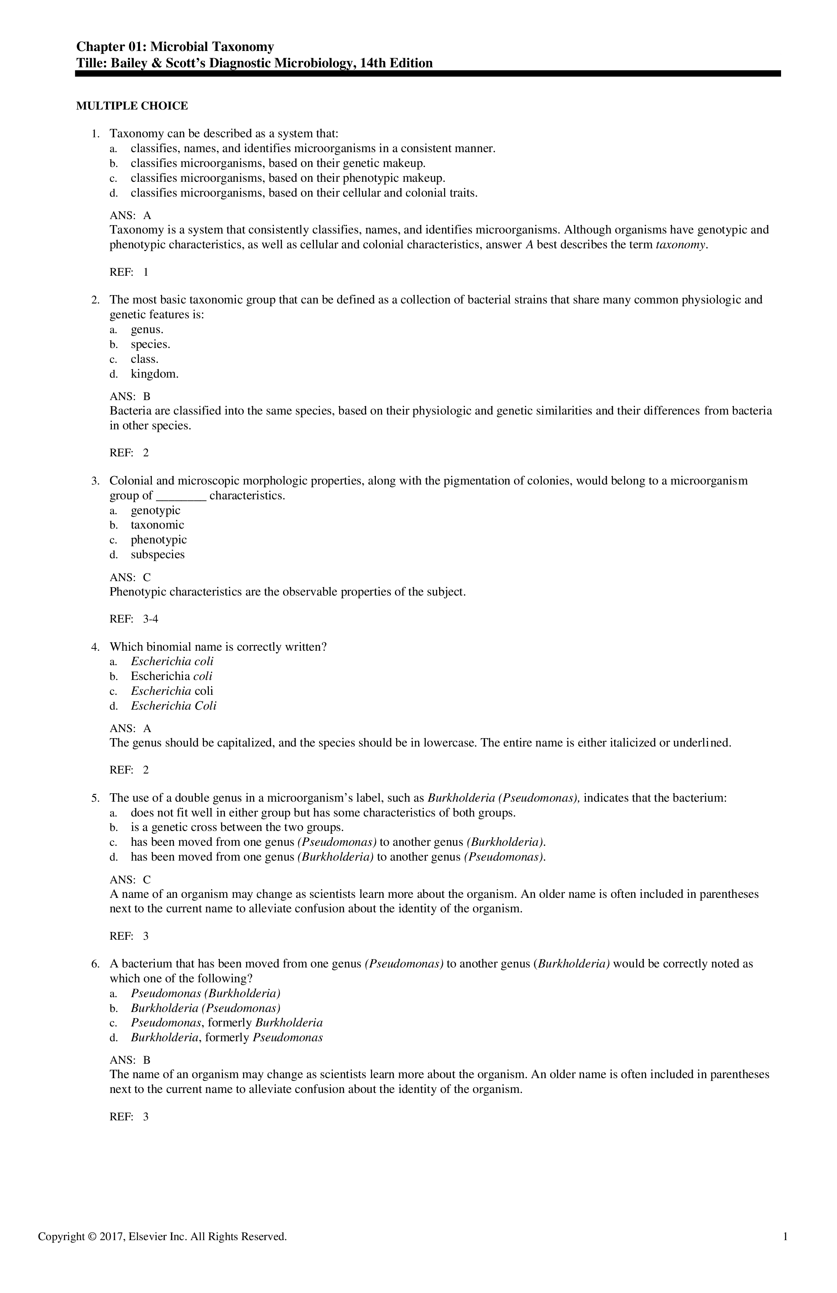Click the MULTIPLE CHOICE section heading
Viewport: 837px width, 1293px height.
point(132,106)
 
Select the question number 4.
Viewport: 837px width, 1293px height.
point(95,647)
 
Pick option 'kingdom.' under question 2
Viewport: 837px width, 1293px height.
point(154,374)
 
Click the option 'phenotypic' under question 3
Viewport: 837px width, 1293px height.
point(159,540)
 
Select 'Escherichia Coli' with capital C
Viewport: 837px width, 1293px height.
point(173,706)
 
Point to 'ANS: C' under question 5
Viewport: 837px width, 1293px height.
point(130,880)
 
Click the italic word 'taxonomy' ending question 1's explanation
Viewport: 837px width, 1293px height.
point(681,245)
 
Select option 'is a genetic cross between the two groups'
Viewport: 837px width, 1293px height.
point(237,828)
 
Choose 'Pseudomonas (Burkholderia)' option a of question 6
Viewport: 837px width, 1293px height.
point(205,994)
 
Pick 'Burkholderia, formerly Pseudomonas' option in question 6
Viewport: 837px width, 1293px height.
point(227,1038)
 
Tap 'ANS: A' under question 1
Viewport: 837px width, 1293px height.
point(130,216)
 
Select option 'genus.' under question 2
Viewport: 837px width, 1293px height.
point(147,330)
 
